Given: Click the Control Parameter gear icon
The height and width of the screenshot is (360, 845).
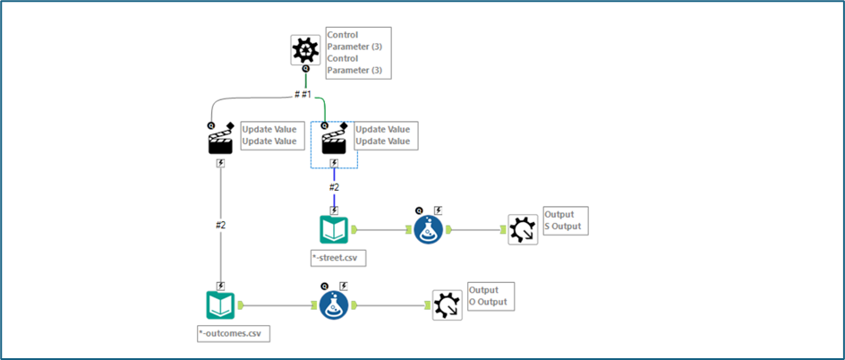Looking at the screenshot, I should pyautogui.click(x=306, y=49).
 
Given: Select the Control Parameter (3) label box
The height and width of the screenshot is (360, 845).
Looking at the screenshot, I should pyautogui.click(x=357, y=53).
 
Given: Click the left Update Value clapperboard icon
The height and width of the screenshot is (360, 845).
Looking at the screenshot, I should pyautogui.click(x=220, y=141).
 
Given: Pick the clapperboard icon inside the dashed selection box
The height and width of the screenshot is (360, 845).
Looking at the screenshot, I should pyautogui.click(x=334, y=141).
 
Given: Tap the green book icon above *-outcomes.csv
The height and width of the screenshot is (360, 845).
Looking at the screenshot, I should pyautogui.click(x=220, y=305).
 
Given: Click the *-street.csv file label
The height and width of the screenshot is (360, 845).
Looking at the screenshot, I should pyautogui.click(x=339, y=258).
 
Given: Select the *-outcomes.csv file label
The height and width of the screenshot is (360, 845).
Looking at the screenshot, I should pyautogui.click(x=234, y=334).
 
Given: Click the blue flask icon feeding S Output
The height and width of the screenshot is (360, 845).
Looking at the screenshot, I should pyautogui.click(x=429, y=230).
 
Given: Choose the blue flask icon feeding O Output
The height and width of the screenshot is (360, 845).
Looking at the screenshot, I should pyautogui.click(x=334, y=305).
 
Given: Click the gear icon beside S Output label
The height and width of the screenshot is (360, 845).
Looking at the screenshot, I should pyautogui.click(x=522, y=229).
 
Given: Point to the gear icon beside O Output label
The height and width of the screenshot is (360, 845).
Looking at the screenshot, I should pyautogui.click(x=447, y=305).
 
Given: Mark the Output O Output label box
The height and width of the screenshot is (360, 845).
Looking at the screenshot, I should pyautogui.click(x=490, y=296).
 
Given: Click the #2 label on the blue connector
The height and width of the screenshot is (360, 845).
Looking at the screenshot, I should pyautogui.click(x=334, y=188).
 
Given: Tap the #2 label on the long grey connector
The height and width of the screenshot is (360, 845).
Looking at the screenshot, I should pyautogui.click(x=220, y=225).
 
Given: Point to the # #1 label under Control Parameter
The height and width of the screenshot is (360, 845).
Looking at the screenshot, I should pyautogui.click(x=303, y=94).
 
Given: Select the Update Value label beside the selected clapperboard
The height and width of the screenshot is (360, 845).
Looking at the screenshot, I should pyautogui.click(x=383, y=135).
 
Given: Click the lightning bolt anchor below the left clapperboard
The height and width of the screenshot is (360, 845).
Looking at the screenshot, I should pyautogui.click(x=220, y=163).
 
